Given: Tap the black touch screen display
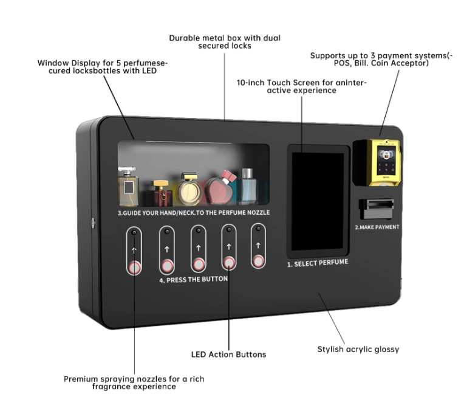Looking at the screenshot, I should coord(318,201).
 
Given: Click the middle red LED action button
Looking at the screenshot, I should coord(198,265).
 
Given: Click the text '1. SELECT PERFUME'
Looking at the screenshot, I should coord(317,264).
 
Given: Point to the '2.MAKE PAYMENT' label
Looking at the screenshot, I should coord(377,227).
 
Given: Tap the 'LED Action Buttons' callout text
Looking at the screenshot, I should coord(228,354).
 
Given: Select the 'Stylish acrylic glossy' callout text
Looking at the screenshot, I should coord(358,349).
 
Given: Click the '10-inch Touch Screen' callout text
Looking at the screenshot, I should coord(302,86).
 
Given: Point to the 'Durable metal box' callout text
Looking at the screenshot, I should coord(225,41).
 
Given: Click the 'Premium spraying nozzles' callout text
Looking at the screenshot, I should coord(134,382).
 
